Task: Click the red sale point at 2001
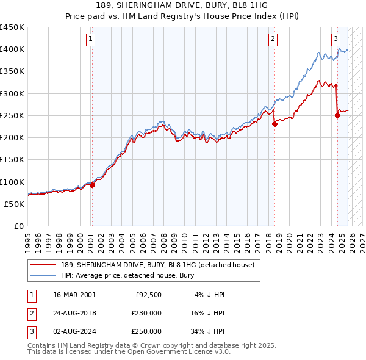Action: [x=92, y=185]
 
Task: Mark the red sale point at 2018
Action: [x=274, y=124]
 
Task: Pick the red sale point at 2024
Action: [x=337, y=115]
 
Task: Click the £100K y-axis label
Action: [x=12, y=182]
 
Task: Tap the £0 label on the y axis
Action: [x=18, y=226]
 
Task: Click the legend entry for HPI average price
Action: [x=127, y=275]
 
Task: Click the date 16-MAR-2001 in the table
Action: [x=74, y=295]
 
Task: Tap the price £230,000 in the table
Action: [x=146, y=313]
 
